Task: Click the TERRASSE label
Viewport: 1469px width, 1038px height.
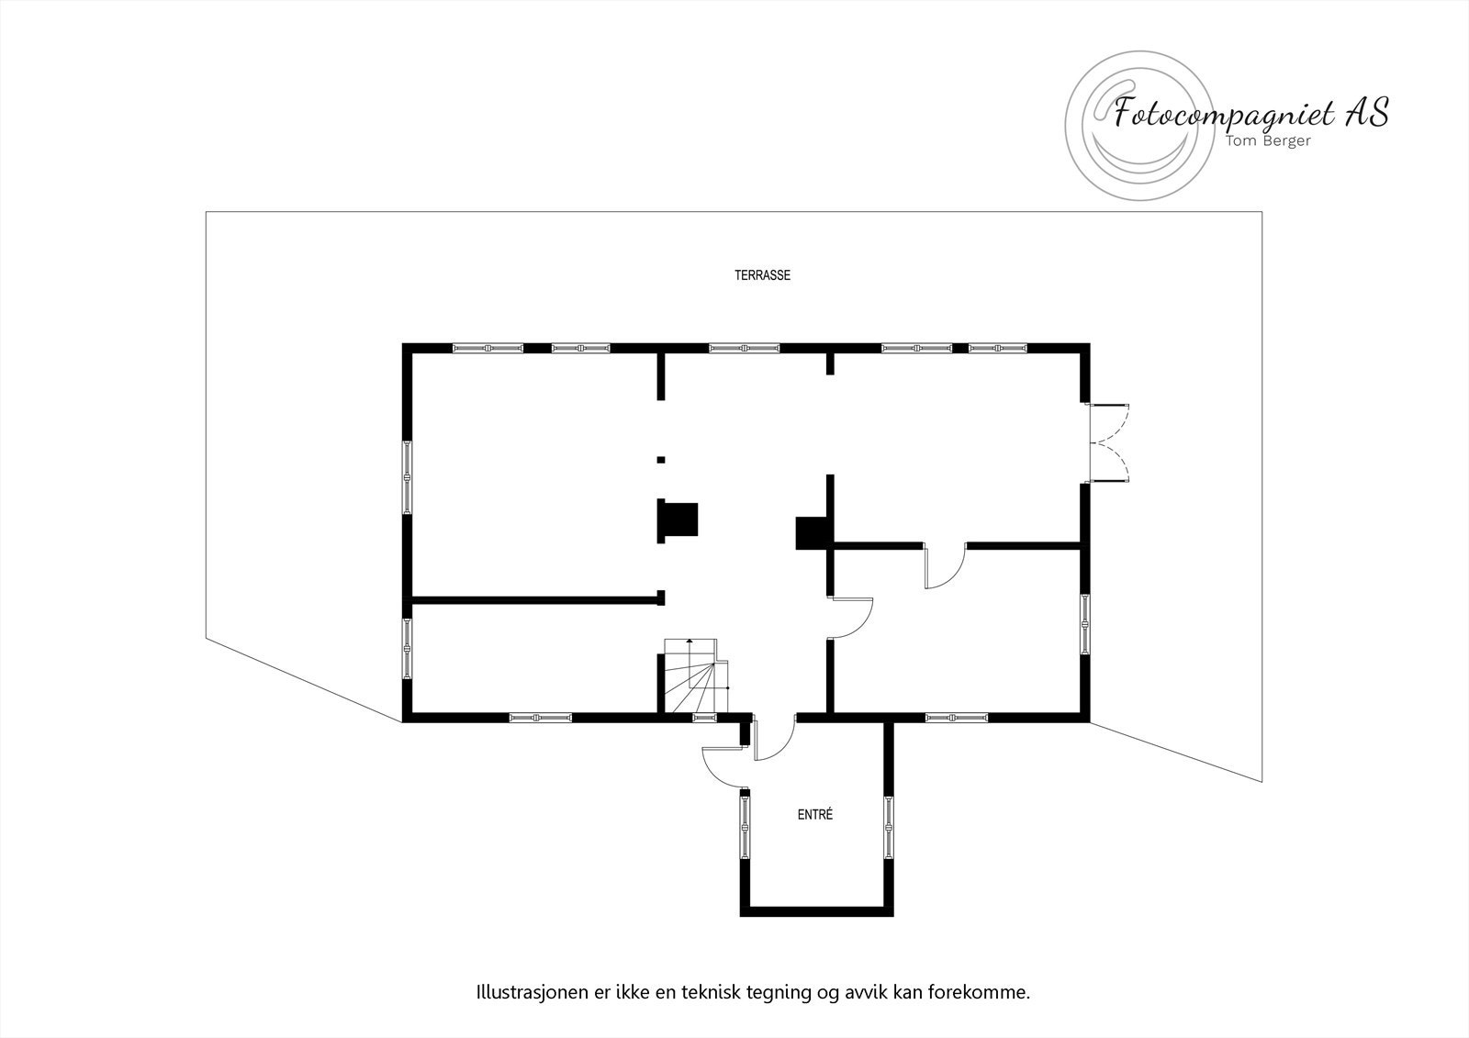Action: tap(762, 274)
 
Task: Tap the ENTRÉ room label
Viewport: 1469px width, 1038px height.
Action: tap(814, 814)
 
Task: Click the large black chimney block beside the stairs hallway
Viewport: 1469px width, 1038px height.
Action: tap(678, 520)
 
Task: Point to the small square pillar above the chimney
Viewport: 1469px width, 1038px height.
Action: tap(661, 459)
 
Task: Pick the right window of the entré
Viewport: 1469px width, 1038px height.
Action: tap(889, 825)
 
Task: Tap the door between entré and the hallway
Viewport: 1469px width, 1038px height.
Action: tap(773, 739)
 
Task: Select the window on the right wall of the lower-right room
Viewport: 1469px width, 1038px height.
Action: tap(1084, 624)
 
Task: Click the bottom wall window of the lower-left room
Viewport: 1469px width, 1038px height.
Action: tap(540, 718)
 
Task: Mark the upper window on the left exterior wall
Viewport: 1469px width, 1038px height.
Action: tap(407, 475)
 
